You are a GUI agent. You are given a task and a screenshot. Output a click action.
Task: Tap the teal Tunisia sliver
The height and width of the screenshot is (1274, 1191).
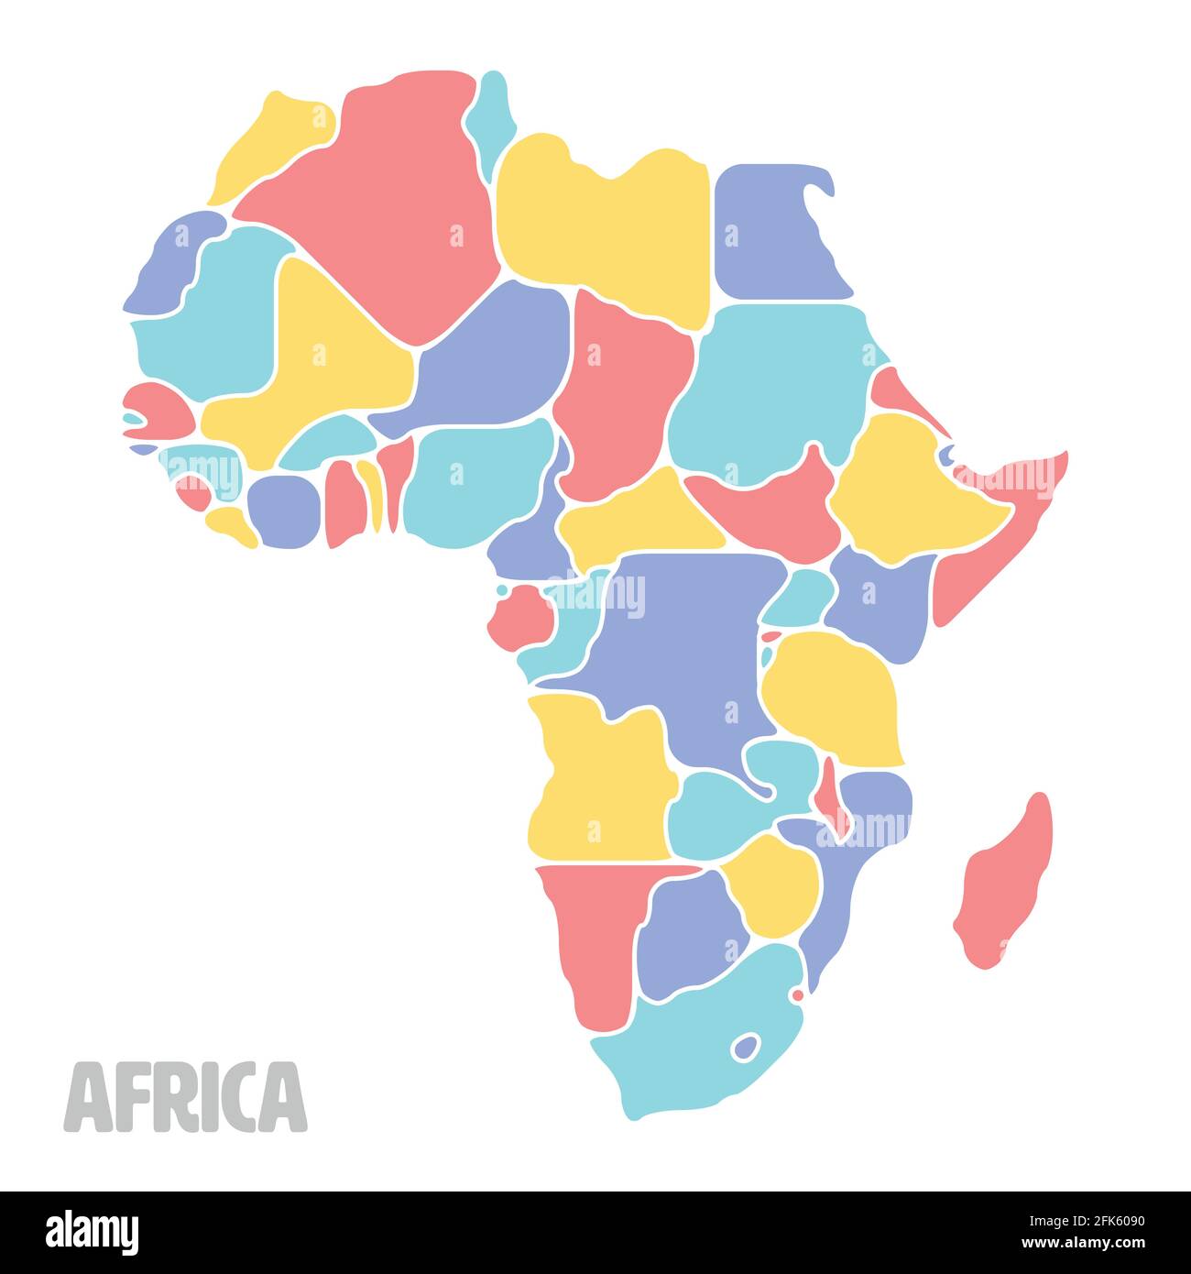490,115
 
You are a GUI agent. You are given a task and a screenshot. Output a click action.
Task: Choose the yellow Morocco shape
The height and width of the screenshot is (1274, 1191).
275,147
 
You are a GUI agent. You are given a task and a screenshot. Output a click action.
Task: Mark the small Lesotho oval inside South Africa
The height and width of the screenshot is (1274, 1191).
747,1045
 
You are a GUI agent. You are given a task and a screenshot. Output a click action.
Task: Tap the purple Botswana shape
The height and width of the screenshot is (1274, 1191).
687,935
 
